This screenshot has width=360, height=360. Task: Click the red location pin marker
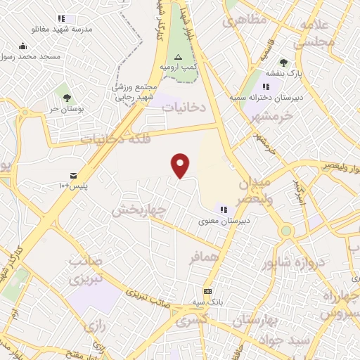(181, 165)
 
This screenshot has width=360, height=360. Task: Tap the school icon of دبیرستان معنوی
(224, 209)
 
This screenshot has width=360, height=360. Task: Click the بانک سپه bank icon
(207, 290)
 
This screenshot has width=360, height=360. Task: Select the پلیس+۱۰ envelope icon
(74, 174)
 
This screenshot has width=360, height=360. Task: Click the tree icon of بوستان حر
(67, 98)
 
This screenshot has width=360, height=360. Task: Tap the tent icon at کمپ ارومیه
(178, 56)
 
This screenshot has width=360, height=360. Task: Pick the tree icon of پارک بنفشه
(283, 63)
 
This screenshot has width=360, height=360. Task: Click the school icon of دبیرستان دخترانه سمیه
(266, 86)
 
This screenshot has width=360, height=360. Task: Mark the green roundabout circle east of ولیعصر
(285, 231)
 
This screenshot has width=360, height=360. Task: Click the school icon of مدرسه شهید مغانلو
(61, 18)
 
